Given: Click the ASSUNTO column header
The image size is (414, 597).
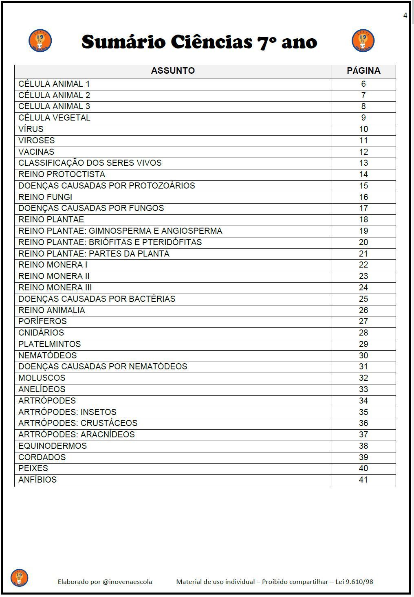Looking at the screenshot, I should click(x=173, y=71).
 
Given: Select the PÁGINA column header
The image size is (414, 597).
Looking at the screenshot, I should click(x=363, y=71).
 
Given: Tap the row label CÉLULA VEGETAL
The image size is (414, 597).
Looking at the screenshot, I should click(x=54, y=118).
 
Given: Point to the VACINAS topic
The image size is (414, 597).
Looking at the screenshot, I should click(x=36, y=152).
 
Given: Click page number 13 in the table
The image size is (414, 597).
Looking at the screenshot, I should click(x=363, y=163).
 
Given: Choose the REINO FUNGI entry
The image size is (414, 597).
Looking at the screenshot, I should click(x=45, y=197).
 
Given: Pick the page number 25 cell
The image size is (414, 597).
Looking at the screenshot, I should click(x=363, y=299).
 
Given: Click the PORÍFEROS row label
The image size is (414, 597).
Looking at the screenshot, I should click(x=42, y=321).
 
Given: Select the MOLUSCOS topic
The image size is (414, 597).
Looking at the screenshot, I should click(x=42, y=378).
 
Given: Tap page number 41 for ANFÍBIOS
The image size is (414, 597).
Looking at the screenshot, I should click(x=363, y=480).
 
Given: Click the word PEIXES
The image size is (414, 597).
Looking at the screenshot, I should click(x=33, y=468).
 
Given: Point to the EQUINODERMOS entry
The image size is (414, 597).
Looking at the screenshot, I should click(x=53, y=446).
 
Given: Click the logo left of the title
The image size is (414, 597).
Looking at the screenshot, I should click(x=40, y=41).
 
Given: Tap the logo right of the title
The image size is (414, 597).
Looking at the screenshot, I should click(x=363, y=41).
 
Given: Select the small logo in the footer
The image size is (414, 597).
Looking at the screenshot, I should click(x=19, y=578).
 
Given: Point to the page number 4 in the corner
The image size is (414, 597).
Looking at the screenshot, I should click(x=405, y=15).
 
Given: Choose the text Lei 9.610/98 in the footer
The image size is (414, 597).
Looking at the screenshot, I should click(x=354, y=582).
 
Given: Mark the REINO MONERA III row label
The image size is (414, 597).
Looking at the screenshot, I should click(x=55, y=288).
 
